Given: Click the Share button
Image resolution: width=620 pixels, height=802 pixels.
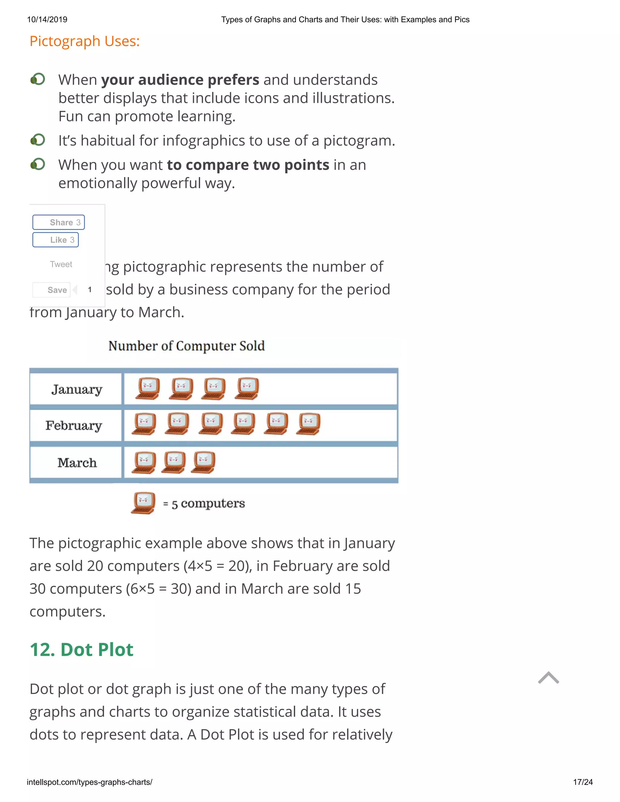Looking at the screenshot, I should [x=59, y=222].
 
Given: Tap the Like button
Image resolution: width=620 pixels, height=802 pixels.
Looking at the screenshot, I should [x=56, y=240].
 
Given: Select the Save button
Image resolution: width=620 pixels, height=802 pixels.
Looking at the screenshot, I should [x=52, y=290].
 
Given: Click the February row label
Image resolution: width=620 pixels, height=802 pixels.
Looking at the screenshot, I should [x=74, y=425].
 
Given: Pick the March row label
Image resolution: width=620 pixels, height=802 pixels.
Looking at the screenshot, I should [x=77, y=462].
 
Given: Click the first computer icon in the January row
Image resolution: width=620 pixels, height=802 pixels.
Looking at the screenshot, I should [x=148, y=389].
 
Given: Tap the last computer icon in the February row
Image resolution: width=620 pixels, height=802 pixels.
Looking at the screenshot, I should [x=308, y=424].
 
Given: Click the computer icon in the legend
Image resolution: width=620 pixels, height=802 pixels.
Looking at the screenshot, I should [x=143, y=503].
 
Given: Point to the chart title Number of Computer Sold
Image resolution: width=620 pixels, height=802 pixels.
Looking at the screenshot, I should [x=186, y=346].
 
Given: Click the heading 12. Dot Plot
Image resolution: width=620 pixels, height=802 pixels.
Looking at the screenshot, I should [x=81, y=649].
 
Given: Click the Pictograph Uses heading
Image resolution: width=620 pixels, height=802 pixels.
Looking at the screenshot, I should [x=84, y=41].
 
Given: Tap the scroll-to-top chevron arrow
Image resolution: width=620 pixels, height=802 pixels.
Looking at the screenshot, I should [x=548, y=678].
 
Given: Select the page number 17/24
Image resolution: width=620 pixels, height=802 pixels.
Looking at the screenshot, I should [x=582, y=782].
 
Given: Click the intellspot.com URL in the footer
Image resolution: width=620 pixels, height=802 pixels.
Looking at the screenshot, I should [x=89, y=782].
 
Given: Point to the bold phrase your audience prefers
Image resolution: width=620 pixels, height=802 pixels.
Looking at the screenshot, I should [x=180, y=80].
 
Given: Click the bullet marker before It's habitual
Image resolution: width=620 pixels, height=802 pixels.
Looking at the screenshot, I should [x=38, y=140].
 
